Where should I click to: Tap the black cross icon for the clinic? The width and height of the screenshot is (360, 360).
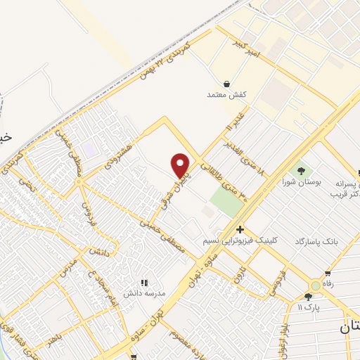(240, 229)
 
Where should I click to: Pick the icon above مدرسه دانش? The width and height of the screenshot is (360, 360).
(144, 282)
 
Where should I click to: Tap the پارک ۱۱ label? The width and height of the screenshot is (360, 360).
(307, 308)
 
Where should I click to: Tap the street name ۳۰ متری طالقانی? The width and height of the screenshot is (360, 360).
(224, 181)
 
